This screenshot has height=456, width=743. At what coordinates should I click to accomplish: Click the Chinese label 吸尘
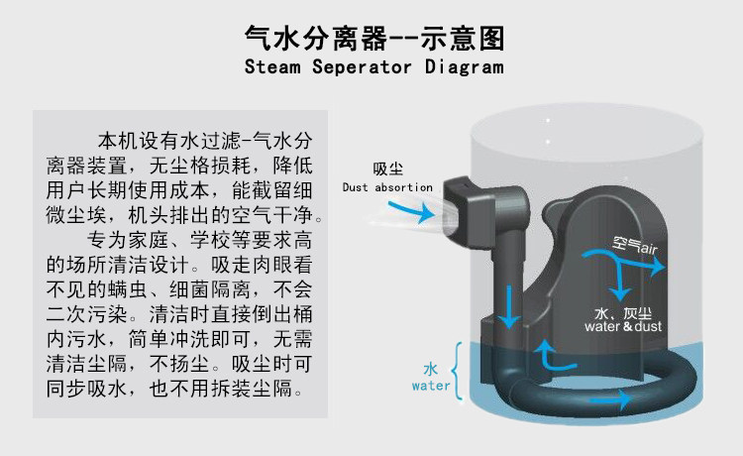coord(387,168)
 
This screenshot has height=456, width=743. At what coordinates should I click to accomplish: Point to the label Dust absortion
coord(387,186)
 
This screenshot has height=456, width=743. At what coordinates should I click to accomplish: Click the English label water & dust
coord(623,326)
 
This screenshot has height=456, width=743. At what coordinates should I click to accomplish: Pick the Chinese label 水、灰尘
coord(623,310)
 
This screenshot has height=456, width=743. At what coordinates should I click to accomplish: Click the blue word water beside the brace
coord(431,386)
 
